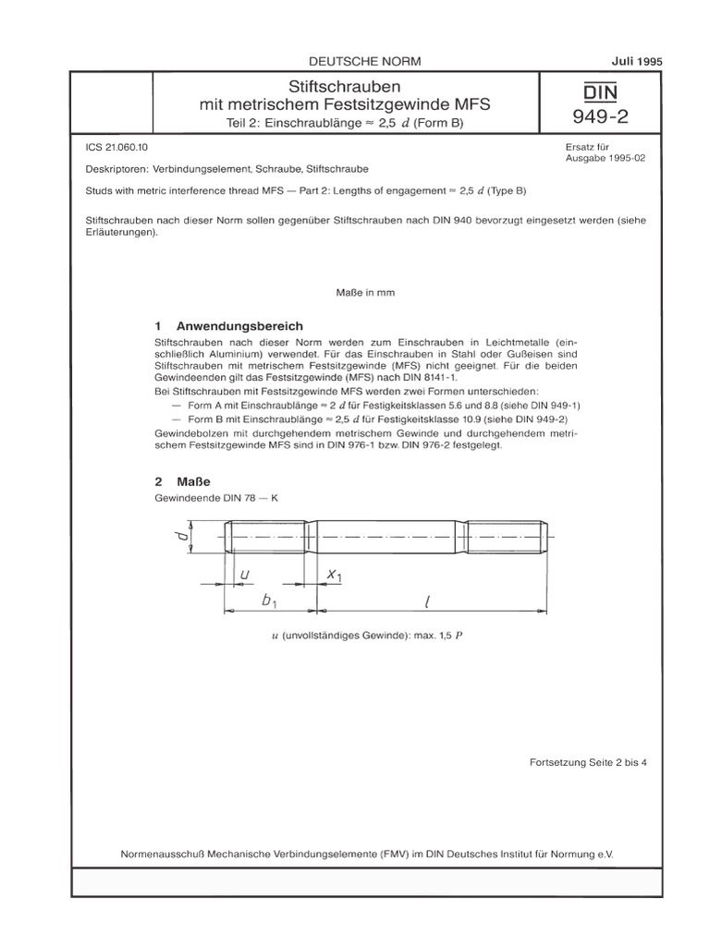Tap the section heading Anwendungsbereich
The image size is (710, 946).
click(x=239, y=327)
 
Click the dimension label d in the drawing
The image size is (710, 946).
click(x=184, y=534)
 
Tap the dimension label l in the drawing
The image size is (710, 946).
click(x=427, y=601)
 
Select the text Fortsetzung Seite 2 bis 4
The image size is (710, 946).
click(x=588, y=763)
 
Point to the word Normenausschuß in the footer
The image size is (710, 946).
click(x=164, y=855)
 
